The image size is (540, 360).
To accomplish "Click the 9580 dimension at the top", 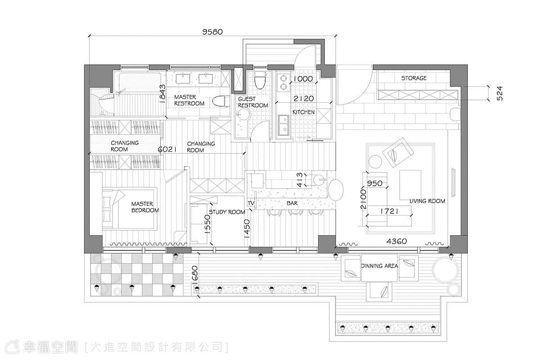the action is [212, 32].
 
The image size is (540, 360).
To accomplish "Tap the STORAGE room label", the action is [414, 78].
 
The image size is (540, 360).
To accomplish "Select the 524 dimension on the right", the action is [500, 93].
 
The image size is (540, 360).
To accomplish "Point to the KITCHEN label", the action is [303, 112].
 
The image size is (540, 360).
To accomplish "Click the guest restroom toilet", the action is [260, 80].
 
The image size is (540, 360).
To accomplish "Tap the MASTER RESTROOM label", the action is [189, 100].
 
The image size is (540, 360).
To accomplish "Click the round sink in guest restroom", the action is [243, 114].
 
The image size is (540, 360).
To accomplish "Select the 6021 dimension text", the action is [167, 149].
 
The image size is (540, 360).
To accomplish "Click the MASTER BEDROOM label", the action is [145, 207].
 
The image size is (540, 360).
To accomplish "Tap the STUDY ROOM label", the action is [227, 212].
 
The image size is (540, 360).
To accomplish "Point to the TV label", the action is [251, 203].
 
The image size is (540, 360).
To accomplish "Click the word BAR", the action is [292, 203].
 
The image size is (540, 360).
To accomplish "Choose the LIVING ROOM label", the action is [427, 201].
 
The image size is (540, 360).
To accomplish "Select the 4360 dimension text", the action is [396, 241].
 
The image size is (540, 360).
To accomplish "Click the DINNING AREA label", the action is [379, 266].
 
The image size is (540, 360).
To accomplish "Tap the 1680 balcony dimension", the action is [195, 274].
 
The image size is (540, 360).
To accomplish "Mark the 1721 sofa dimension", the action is [389, 211].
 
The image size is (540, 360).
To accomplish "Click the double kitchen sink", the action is [283, 126].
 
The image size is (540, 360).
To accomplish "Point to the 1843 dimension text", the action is [162, 94].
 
